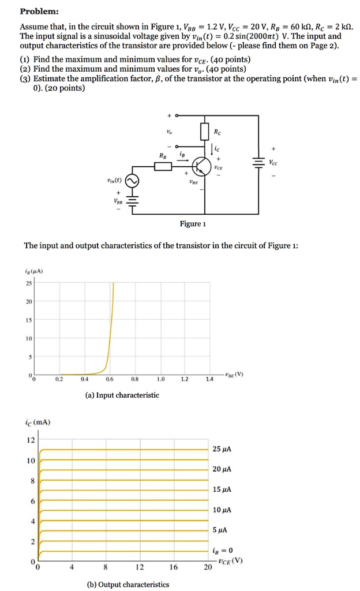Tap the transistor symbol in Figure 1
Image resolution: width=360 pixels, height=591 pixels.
click(201, 166)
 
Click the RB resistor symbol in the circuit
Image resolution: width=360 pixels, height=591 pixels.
click(163, 166)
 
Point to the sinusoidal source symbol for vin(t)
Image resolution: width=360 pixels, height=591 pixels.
click(132, 181)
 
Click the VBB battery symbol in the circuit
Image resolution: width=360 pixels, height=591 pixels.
click(132, 202)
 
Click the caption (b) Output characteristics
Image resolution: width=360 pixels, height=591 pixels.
click(128, 584)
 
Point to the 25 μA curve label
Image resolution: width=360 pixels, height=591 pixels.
click(222, 449)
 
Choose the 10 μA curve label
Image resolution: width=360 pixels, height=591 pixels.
click(222, 510)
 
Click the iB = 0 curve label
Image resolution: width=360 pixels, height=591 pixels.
click(223, 550)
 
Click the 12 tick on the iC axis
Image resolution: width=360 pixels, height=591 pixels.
click(31, 440)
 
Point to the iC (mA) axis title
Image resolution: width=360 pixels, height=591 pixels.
click(38, 422)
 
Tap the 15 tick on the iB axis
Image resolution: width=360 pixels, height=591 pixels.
click(29, 319)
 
